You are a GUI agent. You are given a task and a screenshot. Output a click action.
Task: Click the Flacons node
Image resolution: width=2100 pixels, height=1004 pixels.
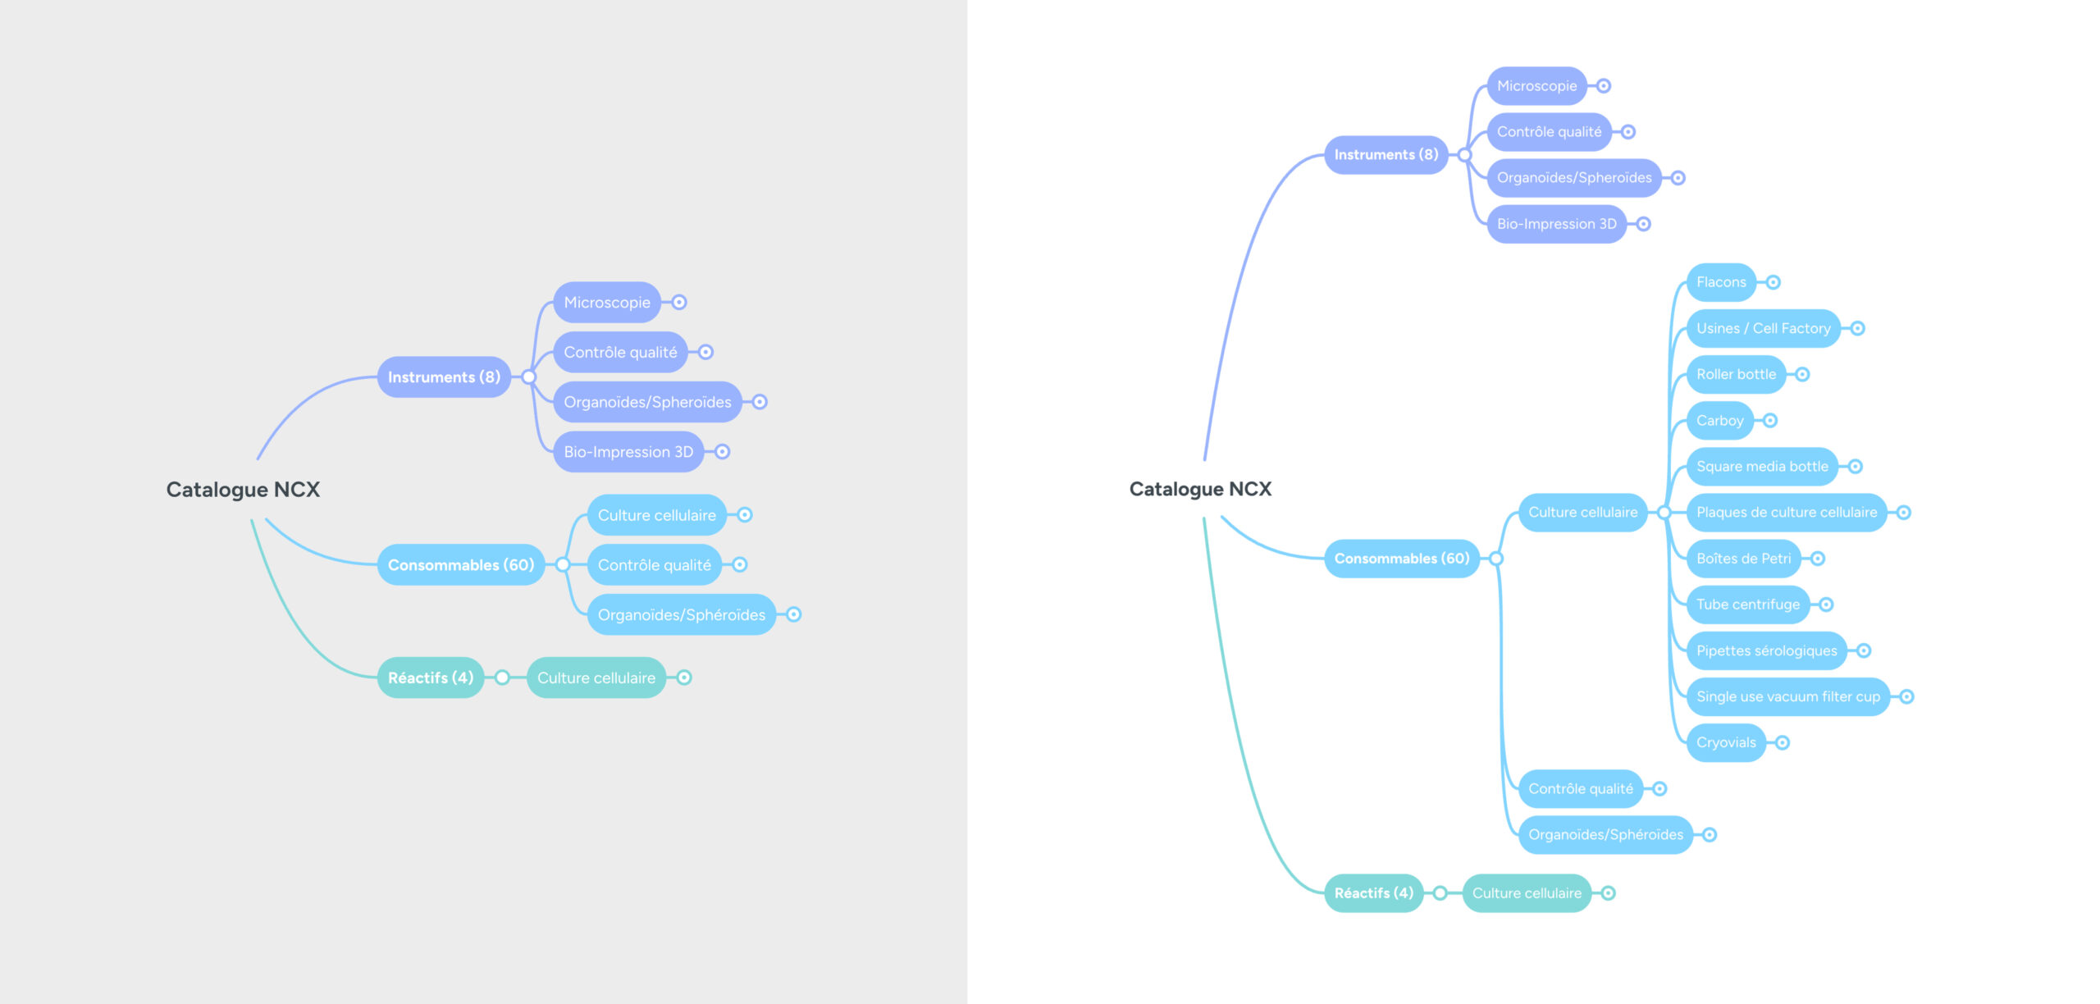pyautogui.click(x=1720, y=282)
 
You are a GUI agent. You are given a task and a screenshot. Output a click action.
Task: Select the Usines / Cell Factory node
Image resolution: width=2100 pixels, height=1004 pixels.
pyautogui.click(x=1763, y=328)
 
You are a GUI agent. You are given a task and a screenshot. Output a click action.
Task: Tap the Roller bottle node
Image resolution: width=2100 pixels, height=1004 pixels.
pyautogui.click(x=1736, y=374)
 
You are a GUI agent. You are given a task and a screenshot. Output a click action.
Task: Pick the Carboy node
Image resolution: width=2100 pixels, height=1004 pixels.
pyautogui.click(x=1719, y=421)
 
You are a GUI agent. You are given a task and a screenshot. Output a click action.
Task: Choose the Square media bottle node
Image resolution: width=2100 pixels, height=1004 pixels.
pyautogui.click(x=1761, y=467)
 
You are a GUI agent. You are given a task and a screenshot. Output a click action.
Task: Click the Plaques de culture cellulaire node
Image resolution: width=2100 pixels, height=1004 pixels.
pyautogui.click(x=1786, y=513)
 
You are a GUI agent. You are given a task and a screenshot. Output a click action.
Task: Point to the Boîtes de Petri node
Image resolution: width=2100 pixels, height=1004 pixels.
pyautogui.click(x=1743, y=559)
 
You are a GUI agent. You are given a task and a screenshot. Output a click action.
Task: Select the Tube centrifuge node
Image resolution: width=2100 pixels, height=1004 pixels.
pyautogui.click(x=1747, y=605)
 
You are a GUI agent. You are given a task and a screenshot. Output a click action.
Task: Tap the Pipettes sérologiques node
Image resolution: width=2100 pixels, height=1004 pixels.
pyautogui.click(x=1766, y=650)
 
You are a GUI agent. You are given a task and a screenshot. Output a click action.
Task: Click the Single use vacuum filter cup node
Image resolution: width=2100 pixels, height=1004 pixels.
pyautogui.click(x=1787, y=696)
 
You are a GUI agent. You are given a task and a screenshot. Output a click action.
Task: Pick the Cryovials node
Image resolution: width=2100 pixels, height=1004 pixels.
pyautogui.click(x=1726, y=742)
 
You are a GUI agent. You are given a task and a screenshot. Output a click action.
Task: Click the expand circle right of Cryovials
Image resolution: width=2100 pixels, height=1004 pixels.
pyautogui.click(x=1782, y=742)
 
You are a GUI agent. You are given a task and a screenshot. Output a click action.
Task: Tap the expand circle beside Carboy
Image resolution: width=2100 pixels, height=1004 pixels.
pyautogui.click(x=1770, y=421)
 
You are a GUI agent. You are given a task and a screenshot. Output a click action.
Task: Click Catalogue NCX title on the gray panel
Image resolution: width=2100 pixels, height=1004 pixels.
pyautogui.click(x=243, y=490)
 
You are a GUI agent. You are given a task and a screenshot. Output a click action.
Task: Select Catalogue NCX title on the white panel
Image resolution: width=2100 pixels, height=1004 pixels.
pyautogui.click(x=1200, y=489)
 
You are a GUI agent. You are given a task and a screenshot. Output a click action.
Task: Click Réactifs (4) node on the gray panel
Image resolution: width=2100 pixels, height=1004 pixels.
pyautogui.click(x=430, y=678)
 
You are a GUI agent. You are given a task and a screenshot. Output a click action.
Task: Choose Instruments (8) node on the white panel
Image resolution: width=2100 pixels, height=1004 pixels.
pyautogui.click(x=1386, y=154)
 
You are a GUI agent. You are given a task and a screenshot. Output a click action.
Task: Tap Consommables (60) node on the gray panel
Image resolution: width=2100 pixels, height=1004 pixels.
pyautogui.click(x=460, y=564)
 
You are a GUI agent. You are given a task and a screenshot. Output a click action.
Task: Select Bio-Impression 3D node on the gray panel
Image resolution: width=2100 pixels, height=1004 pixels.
pyautogui.click(x=628, y=452)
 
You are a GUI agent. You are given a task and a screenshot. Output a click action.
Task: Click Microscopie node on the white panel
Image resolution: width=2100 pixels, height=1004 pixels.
pyautogui.click(x=1536, y=86)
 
